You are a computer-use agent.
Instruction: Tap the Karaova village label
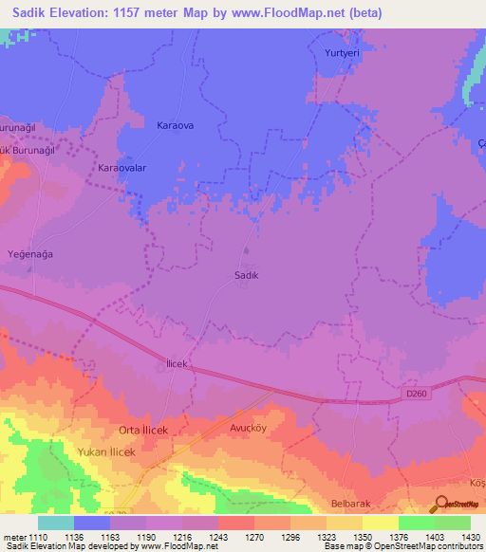tap(174, 125)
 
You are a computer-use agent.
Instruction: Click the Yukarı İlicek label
tap(107, 451)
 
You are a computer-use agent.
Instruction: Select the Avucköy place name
tap(252, 427)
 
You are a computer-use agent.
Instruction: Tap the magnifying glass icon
tap(440, 506)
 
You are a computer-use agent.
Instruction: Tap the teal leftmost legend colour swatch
tap(56, 523)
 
